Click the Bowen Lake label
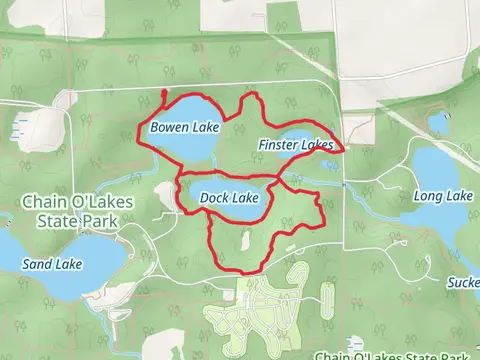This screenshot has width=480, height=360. (x=184, y=128)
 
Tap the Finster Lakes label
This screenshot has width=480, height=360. (x=295, y=145)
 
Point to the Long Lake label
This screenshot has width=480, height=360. (x=442, y=196)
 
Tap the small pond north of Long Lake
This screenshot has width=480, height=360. (x=438, y=123)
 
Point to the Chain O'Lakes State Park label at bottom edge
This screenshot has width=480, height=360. (x=396, y=354)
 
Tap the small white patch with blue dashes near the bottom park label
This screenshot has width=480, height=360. (x=355, y=341)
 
